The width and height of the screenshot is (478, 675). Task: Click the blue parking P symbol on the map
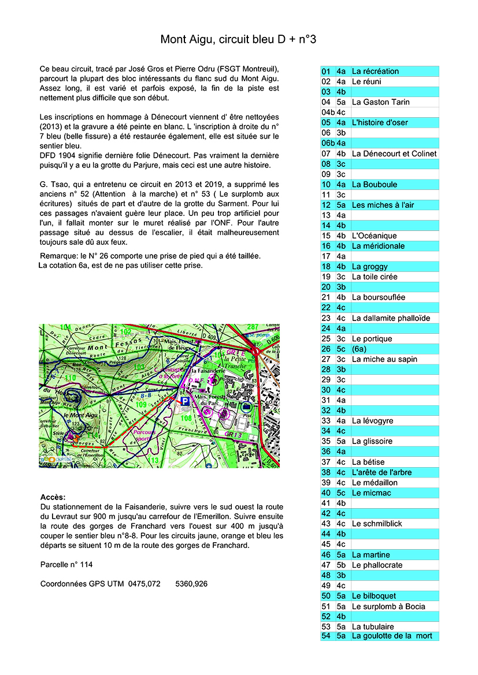click(184, 401)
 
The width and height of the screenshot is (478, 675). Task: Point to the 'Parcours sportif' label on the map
click(144, 435)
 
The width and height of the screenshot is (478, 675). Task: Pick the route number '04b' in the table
click(328, 112)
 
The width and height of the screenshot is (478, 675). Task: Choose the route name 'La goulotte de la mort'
click(391, 636)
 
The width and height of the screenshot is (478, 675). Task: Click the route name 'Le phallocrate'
click(376, 565)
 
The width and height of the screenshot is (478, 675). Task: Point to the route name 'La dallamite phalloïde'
click(391, 318)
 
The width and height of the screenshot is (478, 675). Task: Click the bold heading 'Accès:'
click(53, 497)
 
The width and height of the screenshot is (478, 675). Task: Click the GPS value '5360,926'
click(191, 584)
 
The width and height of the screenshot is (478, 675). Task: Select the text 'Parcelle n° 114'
click(66, 564)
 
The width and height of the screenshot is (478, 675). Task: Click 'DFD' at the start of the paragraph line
click(48, 156)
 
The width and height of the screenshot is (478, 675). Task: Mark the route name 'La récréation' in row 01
click(375, 71)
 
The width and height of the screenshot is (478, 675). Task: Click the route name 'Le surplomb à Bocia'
click(388, 606)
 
